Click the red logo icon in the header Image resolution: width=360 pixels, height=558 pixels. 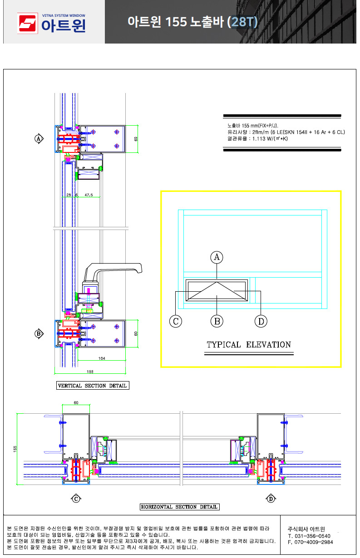coord(27,23)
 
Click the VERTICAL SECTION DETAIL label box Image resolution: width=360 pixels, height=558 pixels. coord(93,385)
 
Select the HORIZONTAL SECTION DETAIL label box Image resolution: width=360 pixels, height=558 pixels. coord(179,507)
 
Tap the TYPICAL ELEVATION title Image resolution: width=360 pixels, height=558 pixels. coord(249,344)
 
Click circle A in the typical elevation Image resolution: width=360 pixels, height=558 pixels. coord(217,257)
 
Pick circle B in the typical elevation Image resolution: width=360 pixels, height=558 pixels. coord(217,321)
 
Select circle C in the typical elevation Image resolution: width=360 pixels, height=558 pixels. coord(176,321)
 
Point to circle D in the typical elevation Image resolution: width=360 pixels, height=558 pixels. coord(261,321)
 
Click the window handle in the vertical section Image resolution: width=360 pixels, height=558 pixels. coord(112,272)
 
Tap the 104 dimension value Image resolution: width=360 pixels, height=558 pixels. coord(102,358)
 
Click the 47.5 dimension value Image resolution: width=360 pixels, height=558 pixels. coord(89,195)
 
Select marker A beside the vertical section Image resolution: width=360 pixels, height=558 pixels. coord(39,138)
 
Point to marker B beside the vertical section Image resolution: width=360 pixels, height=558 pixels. coord(39,333)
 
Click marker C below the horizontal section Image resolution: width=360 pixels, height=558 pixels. coord(76,499)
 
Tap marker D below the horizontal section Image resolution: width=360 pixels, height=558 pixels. coord(271,499)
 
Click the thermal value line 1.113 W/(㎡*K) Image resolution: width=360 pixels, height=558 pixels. coord(257,138)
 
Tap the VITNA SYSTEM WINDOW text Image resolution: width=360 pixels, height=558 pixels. coord(64,15)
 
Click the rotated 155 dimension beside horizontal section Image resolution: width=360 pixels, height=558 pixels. coord(15,449)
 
